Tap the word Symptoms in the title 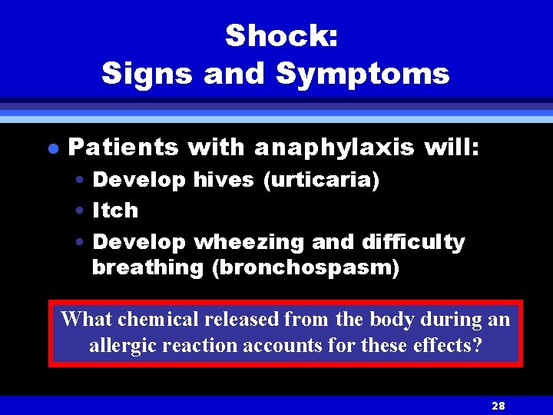[x=363, y=74]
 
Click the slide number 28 [x=497, y=405]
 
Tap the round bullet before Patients [x=51, y=147]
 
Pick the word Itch [x=115, y=210]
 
